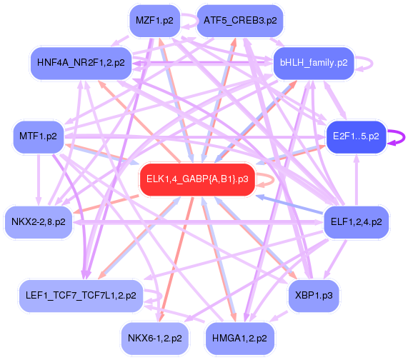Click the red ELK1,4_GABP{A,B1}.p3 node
pyautogui.click(x=197, y=179)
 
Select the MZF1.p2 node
pyautogui.click(x=155, y=21)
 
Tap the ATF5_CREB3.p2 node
pyautogui.click(x=240, y=21)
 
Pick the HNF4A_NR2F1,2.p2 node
pyautogui.click(x=81, y=63)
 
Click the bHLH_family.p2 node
pyautogui.click(x=314, y=63)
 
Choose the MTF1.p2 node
pyautogui.click(x=39, y=136)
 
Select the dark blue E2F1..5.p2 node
pyautogui.click(x=356, y=136)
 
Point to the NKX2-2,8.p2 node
pyautogui.click(x=39, y=222)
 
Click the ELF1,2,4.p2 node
pyautogui.click(x=357, y=222)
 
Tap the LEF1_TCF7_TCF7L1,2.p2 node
pyautogui.click(x=81, y=296)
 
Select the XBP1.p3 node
pyautogui.click(x=314, y=296)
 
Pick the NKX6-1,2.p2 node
pyautogui.click(x=155, y=339)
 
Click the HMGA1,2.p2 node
pyautogui.click(x=239, y=339)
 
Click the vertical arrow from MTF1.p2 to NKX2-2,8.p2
pyautogui.click(x=39, y=179)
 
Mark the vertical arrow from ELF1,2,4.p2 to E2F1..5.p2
pyautogui.click(x=357, y=179)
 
